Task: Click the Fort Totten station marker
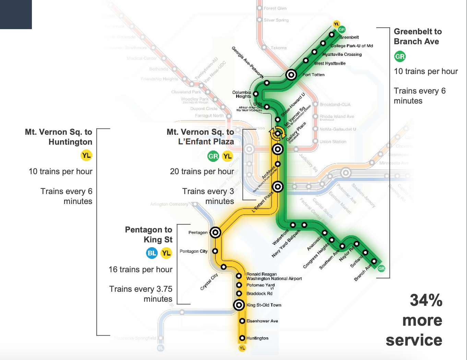tap(291, 74)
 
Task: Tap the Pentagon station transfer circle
tap(215, 232)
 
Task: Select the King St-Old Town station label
tap(264, 305)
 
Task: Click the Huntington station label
tap(257, 338)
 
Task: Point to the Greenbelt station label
tap(349, 37)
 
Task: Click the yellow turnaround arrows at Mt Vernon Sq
tap(277, 133)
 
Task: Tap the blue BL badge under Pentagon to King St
tap(152, 253)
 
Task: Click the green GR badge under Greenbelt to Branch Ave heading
tap(400, 57)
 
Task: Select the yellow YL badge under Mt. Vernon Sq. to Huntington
tap(86, 155)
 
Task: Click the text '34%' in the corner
tap(426, 300)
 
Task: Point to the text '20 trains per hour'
tap(202, 171)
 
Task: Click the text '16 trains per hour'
tap(140, 269)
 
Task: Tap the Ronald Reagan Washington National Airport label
tap(274, 276)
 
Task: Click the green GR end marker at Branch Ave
tap(381, 268)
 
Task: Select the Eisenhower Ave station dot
tap(242, 321)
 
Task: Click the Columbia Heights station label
tap(242, 94)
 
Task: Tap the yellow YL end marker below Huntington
tap(242, 348)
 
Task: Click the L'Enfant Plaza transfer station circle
tap(277, 187)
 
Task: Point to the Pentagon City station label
tap(193, 251)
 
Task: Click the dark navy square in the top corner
tap(16, 14)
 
